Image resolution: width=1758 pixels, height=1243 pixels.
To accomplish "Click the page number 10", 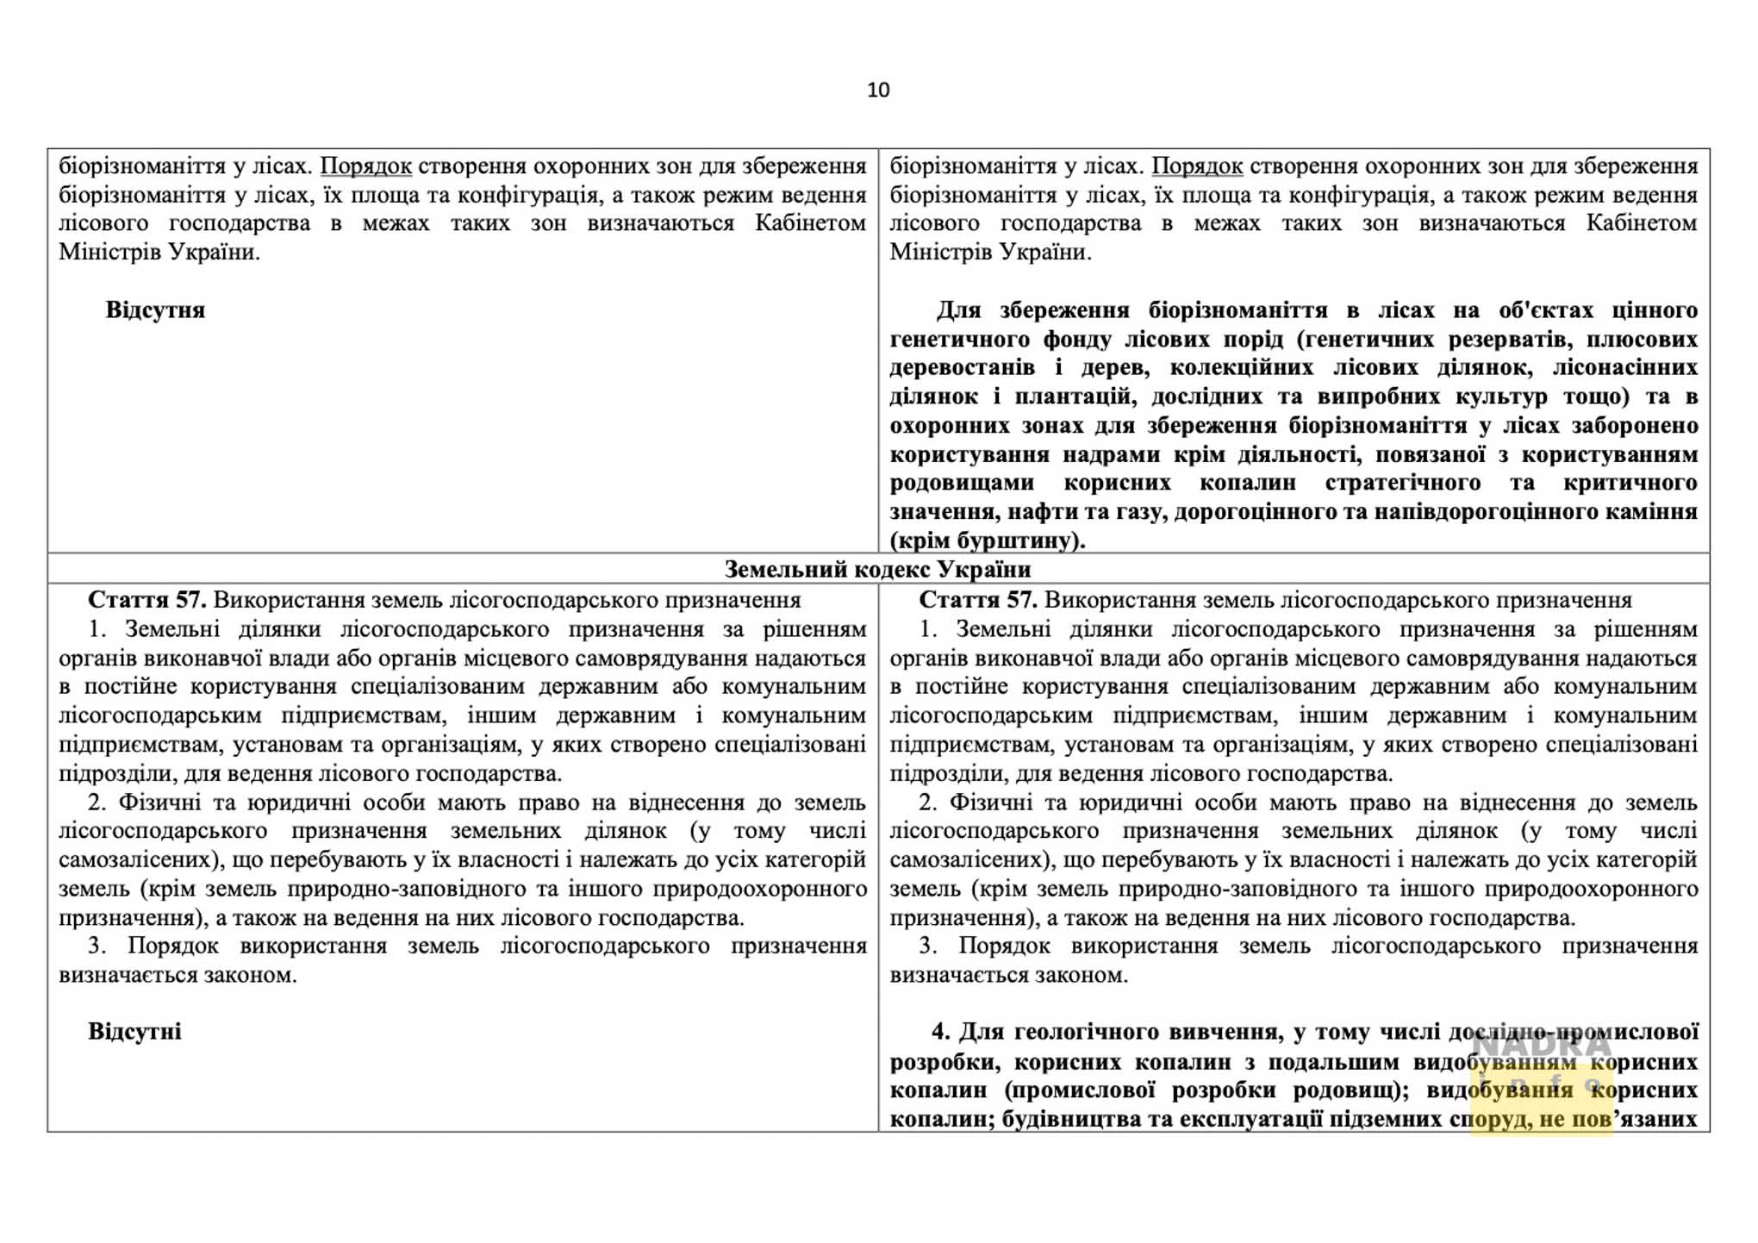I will tap(878, 90).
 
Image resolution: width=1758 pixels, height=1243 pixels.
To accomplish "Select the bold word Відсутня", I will tap(155, 310).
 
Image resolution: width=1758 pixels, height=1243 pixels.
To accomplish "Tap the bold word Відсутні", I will tap(134, 1032).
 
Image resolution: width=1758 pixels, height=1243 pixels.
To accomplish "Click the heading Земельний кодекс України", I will tap(877, 569).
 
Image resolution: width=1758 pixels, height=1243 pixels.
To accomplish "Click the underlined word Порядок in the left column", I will tap(365, 166).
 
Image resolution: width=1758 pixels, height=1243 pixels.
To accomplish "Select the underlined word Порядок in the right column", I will tap(1197, 166).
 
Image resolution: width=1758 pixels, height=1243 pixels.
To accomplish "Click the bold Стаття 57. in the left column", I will tap(146, 600).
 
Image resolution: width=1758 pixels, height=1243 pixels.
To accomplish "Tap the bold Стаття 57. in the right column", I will tap(977, 600).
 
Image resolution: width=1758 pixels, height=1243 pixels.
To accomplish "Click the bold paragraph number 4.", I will tap(941, 1032).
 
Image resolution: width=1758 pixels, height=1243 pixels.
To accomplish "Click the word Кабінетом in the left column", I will tap(810, 223).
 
